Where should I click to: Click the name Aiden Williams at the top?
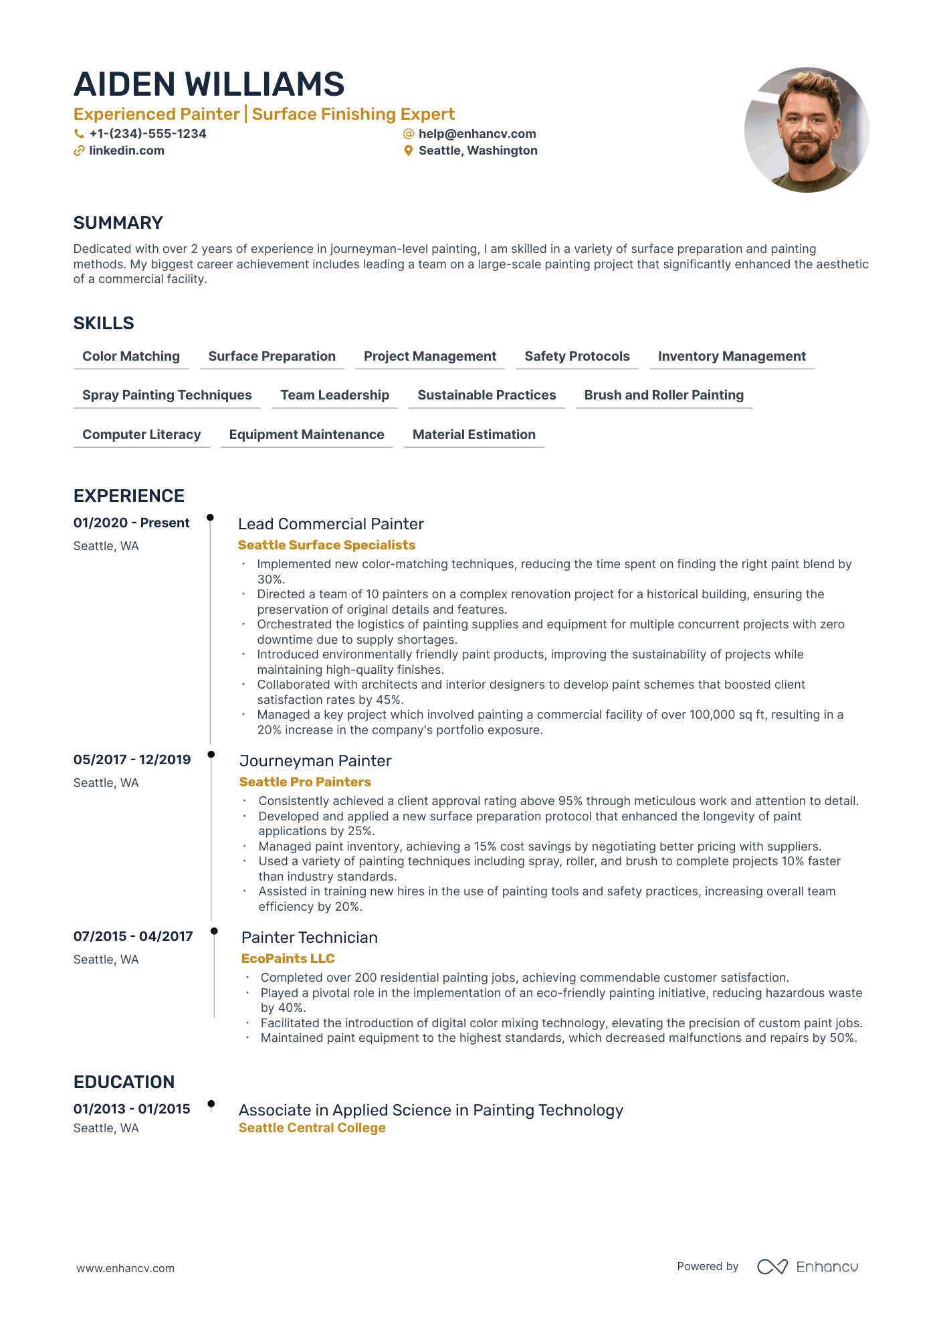(x=209, y=84)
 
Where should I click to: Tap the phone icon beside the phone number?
(x=79, y=134)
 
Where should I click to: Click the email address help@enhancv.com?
(x=477, y=134)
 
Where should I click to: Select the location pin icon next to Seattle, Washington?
(x=409, y=151)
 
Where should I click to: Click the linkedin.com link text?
(x=126, y=151)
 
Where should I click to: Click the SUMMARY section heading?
(x=118, y=223)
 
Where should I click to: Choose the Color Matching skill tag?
(x=131, y=357)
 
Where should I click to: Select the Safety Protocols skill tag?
(x=577, y=357)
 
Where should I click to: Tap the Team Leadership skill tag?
(x=334, y=395)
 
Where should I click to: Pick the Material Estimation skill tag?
(x=474, y=435)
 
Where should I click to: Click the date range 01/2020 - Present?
(x=132, y=523)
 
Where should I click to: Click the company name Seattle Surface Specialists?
(x=326, y=545)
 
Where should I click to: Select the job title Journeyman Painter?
(x=315, y=761)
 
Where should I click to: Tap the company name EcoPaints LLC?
(x=288, y=959)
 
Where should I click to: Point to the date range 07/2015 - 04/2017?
(x=133, y=937)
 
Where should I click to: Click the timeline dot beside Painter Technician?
(x=214, y=931)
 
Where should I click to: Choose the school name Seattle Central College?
(x=312, y=1128)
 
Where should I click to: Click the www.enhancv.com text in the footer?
(x=126, y=1268)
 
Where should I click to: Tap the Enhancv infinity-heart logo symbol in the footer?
(x=772, y=1267)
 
